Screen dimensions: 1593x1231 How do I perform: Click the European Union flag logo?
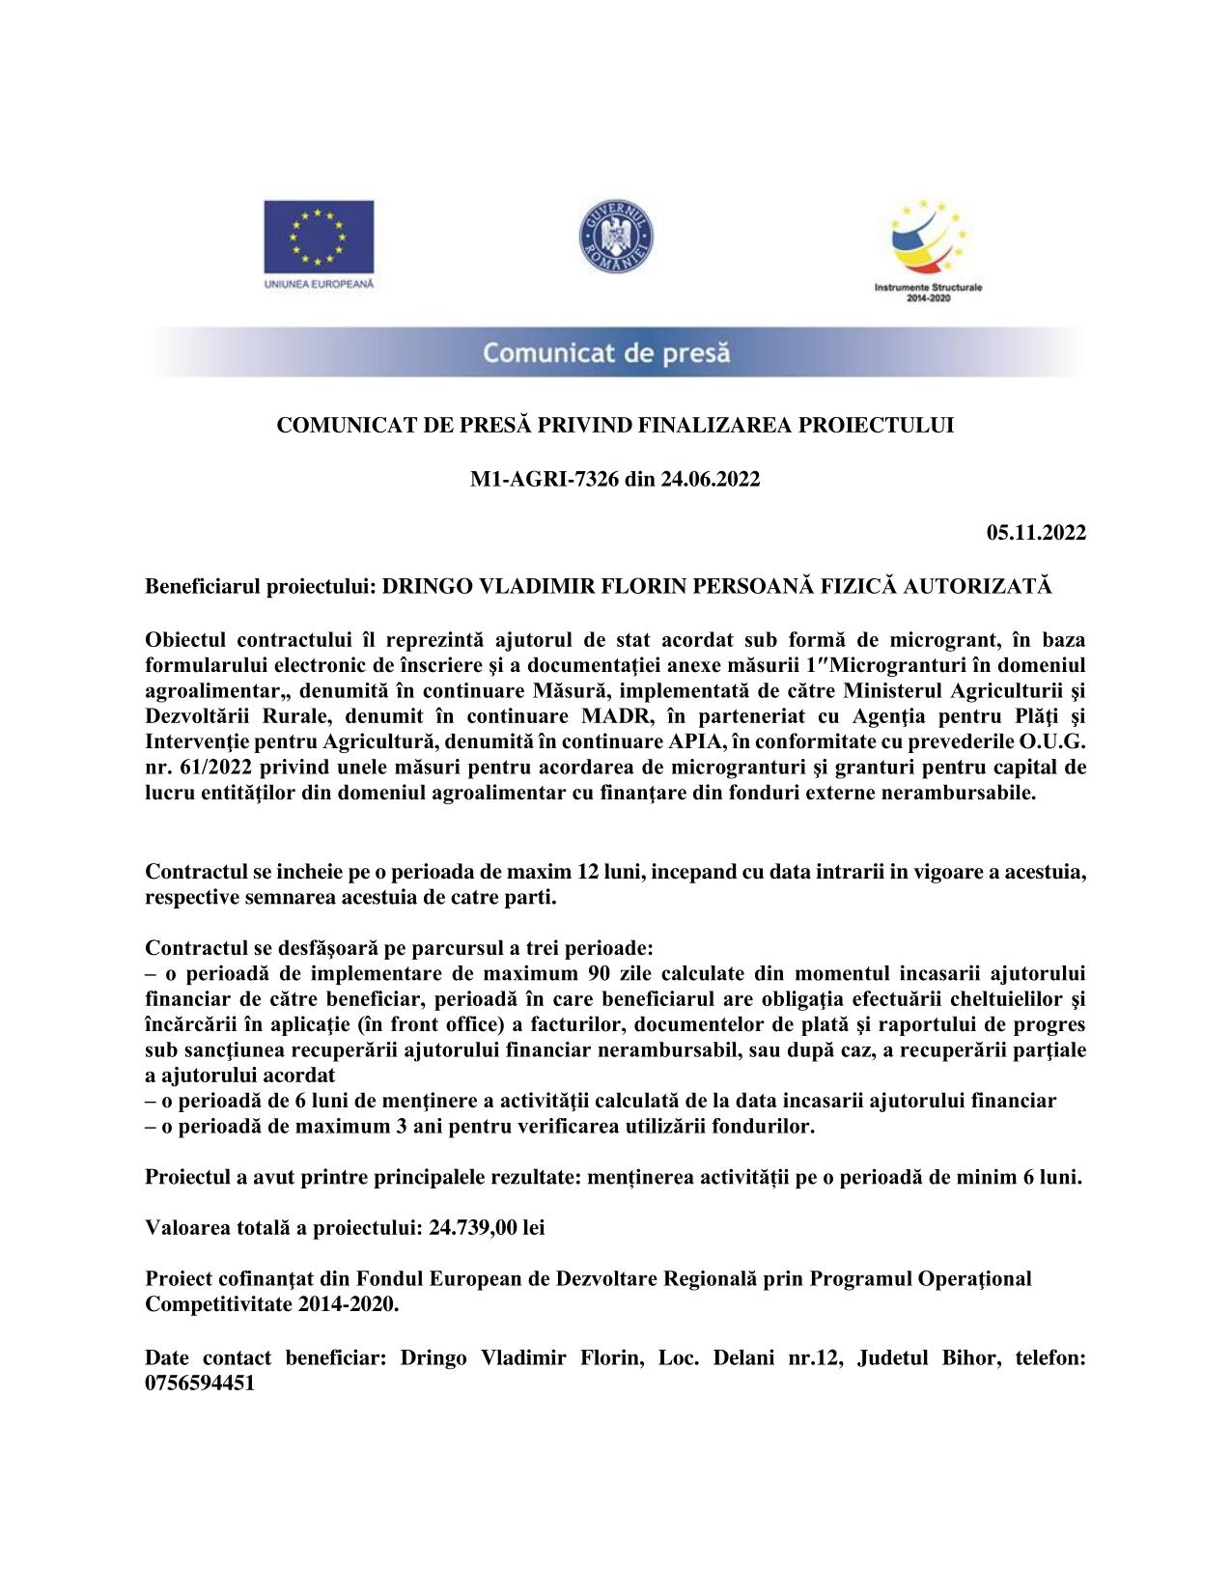(319, 237)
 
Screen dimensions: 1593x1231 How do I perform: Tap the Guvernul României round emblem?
(615, 237)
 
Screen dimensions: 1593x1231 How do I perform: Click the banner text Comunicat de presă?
(606, 353)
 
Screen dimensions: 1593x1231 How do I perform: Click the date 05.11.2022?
(1036, 533)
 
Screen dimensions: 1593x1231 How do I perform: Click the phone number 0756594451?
(200, 1383)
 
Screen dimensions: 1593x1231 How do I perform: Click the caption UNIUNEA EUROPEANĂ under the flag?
(319, 285)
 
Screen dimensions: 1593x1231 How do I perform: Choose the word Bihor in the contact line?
(973, 1357)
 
